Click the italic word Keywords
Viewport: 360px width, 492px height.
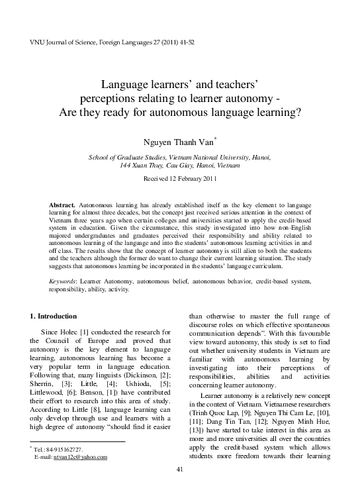[64, 281]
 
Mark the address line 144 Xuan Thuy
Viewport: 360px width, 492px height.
[180, 166]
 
